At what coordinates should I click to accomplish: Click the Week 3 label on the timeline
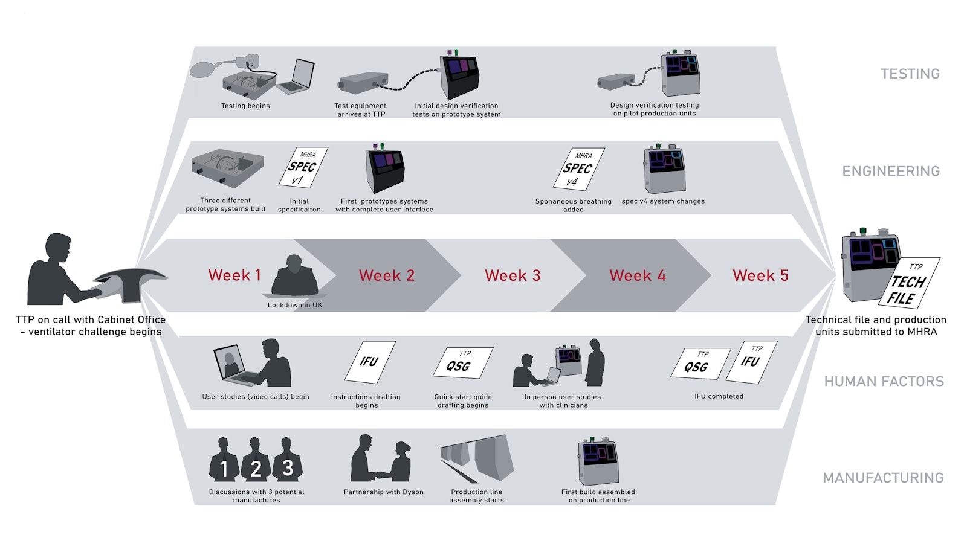(513, 275)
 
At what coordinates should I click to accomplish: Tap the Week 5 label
(760, 275)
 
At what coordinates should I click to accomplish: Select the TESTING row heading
(910, 74)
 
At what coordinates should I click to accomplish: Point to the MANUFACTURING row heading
(883, 478)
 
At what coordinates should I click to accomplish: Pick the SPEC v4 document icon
(578, 169)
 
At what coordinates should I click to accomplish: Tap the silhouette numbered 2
(256, 461)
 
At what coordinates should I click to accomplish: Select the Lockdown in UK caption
(295, 305)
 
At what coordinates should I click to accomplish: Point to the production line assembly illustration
(477, 459)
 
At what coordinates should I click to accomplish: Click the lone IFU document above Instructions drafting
(369, 362)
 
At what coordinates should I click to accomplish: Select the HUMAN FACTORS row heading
(884, 381)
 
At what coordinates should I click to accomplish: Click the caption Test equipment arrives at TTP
(360, 110)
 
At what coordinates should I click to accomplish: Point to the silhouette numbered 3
(288, 460)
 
